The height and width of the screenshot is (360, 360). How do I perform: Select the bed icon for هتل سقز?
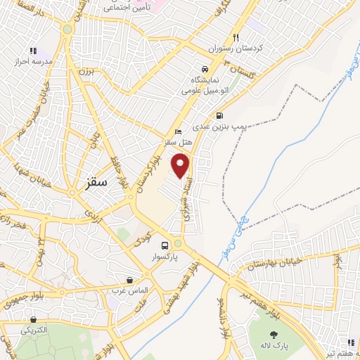178,131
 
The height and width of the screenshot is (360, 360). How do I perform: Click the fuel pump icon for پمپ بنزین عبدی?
220,116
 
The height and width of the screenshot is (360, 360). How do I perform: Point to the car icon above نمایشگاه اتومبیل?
204,70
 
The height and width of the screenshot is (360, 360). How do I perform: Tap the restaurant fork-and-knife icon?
236,38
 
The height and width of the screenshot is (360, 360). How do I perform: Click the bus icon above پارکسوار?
165,246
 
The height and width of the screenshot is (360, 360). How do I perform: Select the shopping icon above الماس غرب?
129,279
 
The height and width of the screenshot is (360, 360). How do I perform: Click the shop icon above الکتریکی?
34,318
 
